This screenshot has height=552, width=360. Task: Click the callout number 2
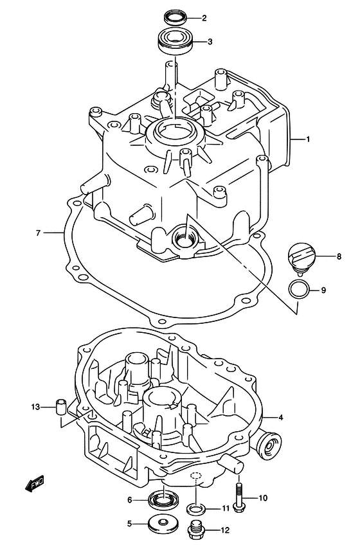pyautogui.click(x=204, y=18)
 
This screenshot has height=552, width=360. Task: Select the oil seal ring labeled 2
pyautogui.click(x=174, y=17)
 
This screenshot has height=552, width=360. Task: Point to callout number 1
pyautogui.click(x=308, y=139)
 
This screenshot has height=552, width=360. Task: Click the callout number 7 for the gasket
pyautogui.click(x=39, y=233)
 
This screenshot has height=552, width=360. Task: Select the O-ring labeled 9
pyautogui.click(x=299, y=290)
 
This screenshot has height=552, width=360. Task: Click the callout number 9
pyautogui.click(x=323, y=290)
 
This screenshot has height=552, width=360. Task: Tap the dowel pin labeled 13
pyautogui.click(x=61, y=407)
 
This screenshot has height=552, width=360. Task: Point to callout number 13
pyautogui.click(x=35, y=407)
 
